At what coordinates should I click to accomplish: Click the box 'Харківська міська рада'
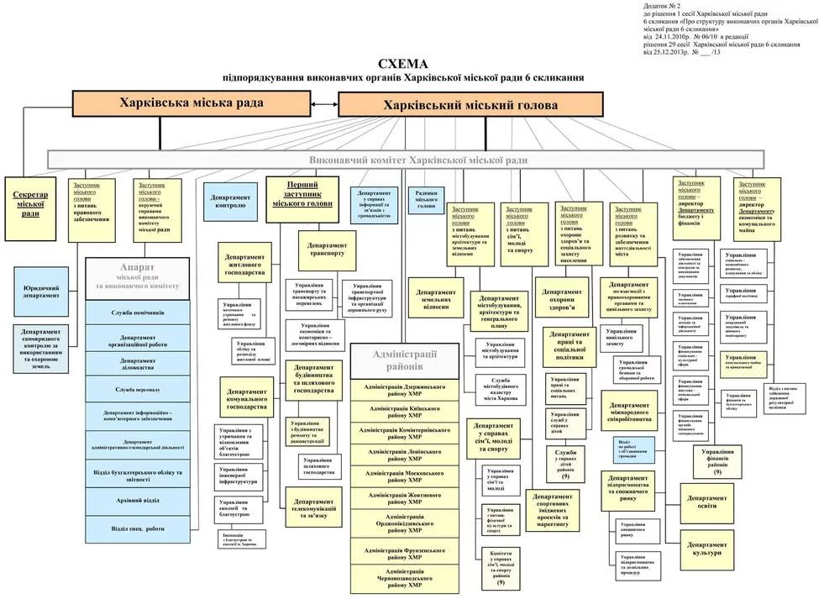tap(192, 103)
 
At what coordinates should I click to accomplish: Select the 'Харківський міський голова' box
tap(470, 105)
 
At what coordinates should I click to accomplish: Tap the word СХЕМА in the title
tap(403, 64)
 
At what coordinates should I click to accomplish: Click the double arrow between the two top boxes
tap(324, 104)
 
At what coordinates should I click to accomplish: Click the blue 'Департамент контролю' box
tap(230, 200)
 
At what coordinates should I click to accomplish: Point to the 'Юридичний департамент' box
tap(40, 291)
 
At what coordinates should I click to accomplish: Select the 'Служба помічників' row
tap(139, 313)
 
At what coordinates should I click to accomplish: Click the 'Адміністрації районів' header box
tap(405, 360)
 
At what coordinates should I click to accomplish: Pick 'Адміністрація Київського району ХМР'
tap(405, 411)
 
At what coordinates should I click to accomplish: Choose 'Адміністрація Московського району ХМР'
tap(405, 476)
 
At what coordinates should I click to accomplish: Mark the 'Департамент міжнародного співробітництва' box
tap(641, 412)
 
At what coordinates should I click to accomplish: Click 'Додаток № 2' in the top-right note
tap(661, 6)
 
